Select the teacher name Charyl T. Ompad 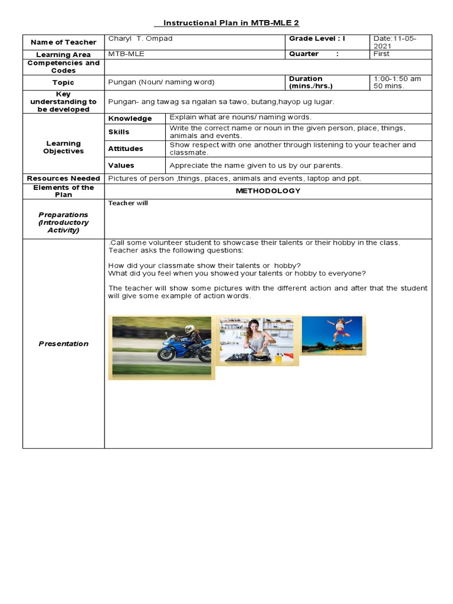(140, 39)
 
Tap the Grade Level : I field (317, 39)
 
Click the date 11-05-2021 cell (395, 42)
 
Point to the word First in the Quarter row (382, 54)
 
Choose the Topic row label (63, 83)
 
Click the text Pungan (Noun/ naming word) (161, 83)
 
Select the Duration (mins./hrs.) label (311, 82)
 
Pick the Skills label (119, 132)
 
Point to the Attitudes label (126, 149)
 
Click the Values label (121, 166)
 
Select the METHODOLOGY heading (268, 191)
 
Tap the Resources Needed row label (63, 178)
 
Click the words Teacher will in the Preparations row (128, 203)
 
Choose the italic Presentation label (63, 344)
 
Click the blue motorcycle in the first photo (182, 349)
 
